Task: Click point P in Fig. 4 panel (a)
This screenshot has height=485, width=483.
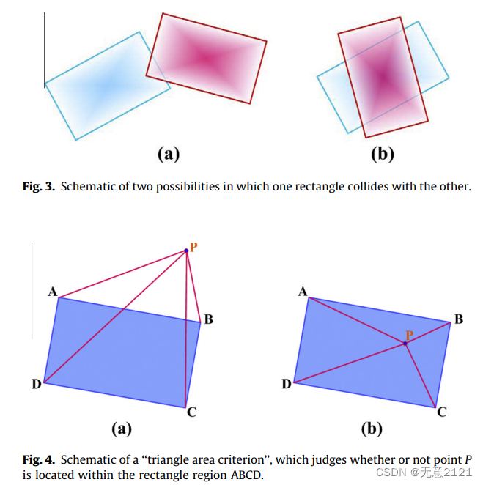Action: [186, 251]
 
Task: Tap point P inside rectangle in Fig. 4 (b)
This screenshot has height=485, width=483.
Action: [405, 343]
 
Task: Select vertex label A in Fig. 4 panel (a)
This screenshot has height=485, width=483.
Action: [53, 292]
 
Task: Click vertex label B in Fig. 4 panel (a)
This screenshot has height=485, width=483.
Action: [209, 319]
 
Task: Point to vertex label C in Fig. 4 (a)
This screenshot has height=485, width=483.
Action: [191, 412]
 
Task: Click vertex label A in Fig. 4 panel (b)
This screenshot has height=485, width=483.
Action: [303, 292]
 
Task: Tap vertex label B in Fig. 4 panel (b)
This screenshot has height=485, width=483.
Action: [459, 319]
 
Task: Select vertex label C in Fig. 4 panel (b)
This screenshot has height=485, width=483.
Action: [442, 412]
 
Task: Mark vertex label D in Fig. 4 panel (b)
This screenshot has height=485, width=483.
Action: [286, 384]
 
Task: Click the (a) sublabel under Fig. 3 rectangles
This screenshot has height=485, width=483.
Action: [169, 154]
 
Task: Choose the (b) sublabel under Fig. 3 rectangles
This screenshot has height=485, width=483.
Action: [383, 154]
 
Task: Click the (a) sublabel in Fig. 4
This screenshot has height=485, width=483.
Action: [120, 429]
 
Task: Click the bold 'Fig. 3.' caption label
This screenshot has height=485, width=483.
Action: [39, 186]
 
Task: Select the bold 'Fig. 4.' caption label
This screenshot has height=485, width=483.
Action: [39, 460]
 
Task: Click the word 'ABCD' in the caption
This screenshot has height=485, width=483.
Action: [247, 475]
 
